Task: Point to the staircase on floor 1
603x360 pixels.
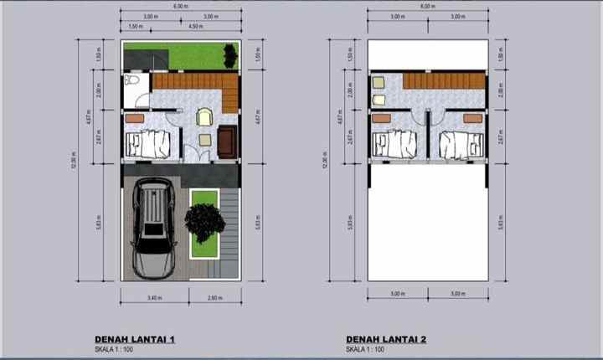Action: (x=190, y=82)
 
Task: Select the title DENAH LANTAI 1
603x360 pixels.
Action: (x=134, y=338)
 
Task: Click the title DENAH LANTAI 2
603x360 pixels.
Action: (x=386, y=338)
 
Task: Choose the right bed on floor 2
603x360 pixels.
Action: (x=459, y=144)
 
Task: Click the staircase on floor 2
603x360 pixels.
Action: (x=442, y=82)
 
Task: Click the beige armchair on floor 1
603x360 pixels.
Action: (x=204, y=119)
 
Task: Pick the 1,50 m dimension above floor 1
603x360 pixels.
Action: (x=135, y=27)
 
